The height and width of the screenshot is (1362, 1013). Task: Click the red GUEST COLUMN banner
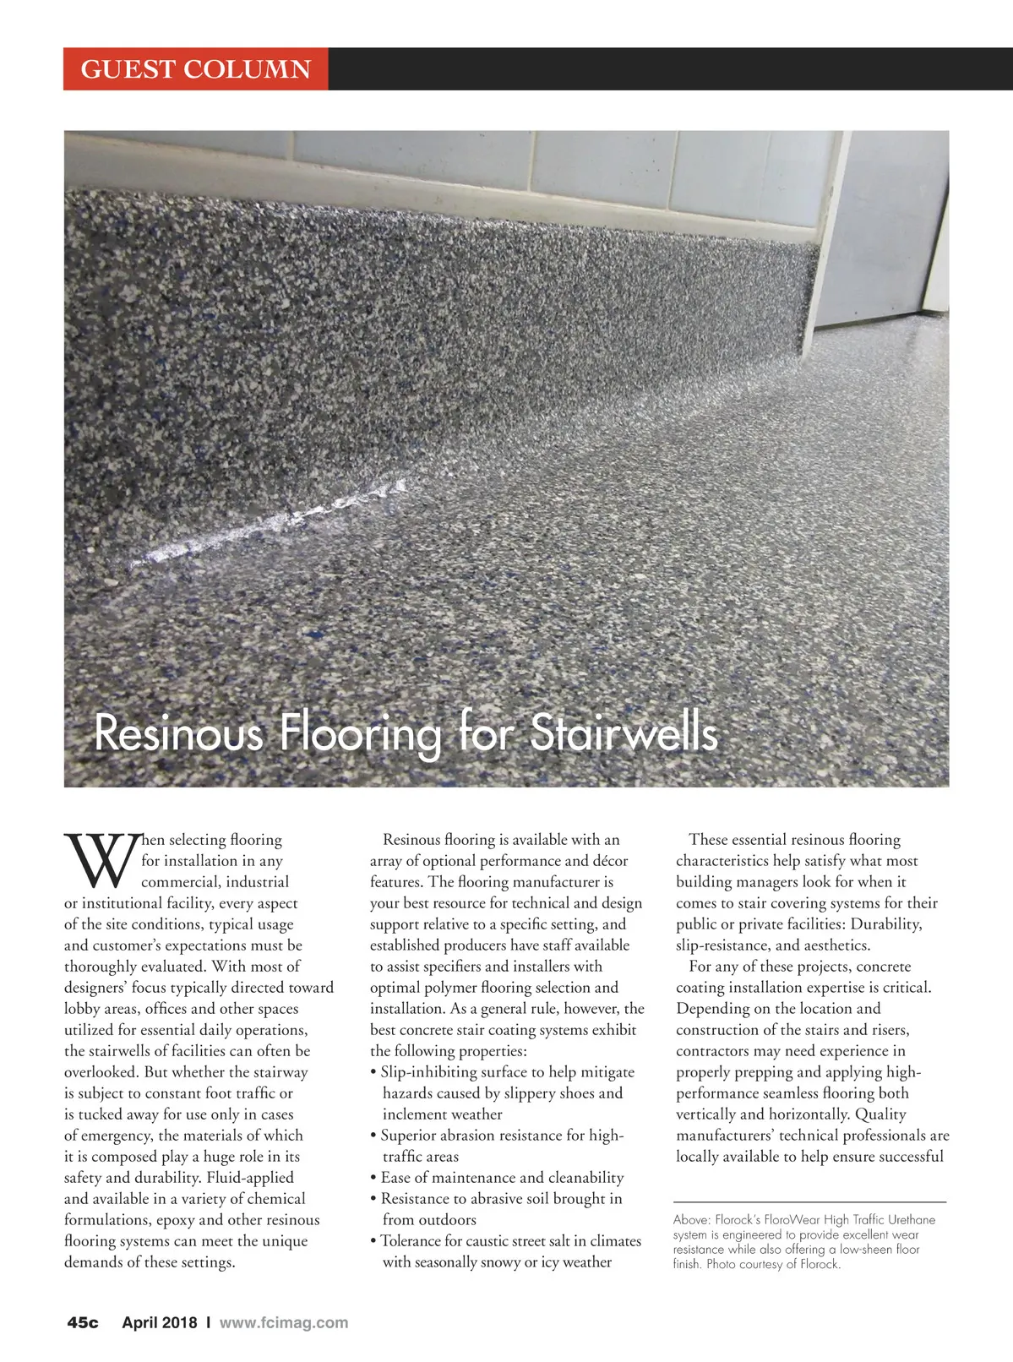tap(195, 68)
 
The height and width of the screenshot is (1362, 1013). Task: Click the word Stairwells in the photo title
tap(623, 733)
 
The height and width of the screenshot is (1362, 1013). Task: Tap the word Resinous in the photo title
tap(178, 733)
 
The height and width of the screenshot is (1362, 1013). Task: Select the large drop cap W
tap(100, 864)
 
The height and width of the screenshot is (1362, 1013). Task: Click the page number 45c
tap(83, 1322)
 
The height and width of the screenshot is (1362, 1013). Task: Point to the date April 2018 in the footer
tap(160, 1322)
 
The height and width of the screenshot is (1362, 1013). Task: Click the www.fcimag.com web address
tap(283, 1322)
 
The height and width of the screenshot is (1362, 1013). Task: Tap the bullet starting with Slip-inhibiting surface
tap(504, 1072)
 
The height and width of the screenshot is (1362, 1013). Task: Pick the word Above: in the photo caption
tap(691, 1220)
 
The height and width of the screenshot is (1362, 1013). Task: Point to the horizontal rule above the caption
tap(809, 1201)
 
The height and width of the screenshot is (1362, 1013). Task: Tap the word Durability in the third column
tap(885, 924)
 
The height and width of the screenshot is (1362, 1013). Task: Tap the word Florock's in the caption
tap(738, 1220)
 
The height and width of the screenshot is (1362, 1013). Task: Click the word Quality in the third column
tap(880, 1114)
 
